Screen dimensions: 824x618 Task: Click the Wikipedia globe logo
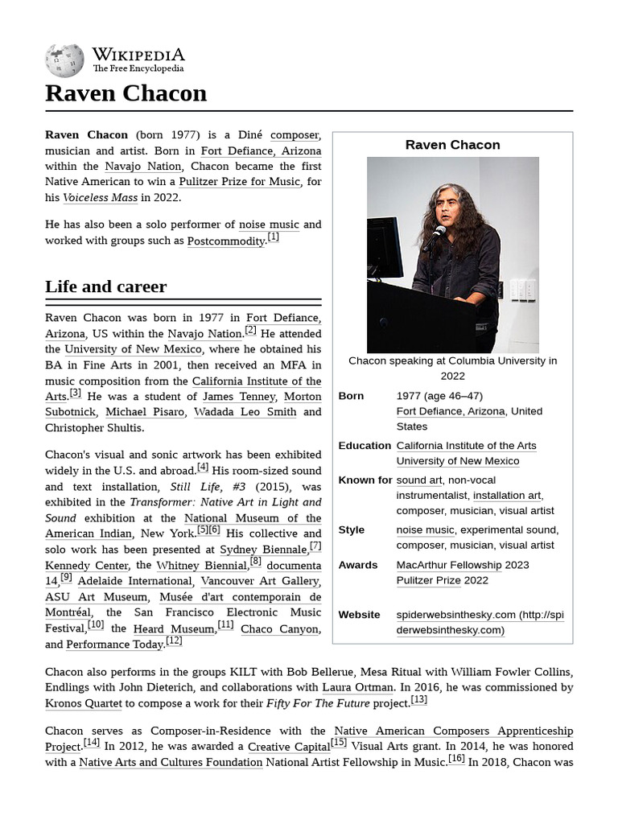tap(64, 60)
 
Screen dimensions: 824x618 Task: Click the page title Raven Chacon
tap(126, 93)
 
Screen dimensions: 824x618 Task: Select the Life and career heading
tap(105, 286)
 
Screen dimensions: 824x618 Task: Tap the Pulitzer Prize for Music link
tap(239, 182)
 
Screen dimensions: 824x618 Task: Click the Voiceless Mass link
tap(100, 197)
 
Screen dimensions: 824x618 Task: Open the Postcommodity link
tap(225, 241)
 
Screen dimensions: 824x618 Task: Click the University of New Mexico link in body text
tap(133, 349)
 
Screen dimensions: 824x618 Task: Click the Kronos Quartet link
tap(84, 703)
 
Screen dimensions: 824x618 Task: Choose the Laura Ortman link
tap(357, 687)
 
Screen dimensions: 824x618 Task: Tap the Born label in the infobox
tap(351, 396)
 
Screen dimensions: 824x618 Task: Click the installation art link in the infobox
tap(506, 496)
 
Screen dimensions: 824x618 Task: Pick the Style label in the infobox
tap(351, 529)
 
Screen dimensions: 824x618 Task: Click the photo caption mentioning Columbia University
tap(452, 368)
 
